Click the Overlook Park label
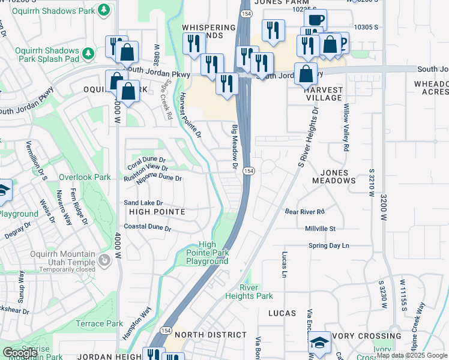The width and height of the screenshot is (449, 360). click(x=85, y=177)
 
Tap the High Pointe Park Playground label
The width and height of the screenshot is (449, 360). click(x=214, y=253)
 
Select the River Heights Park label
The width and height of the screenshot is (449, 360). click(x=249, y=292)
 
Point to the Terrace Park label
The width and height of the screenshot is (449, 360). click(x=99, y=323)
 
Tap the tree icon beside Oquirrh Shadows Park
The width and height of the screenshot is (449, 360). click(x=105, y=10)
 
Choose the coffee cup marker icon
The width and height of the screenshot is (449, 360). click(x=315, y=19)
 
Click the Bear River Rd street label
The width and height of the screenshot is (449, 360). click(x=304, y=211)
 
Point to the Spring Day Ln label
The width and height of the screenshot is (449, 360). click(x=328, y=245)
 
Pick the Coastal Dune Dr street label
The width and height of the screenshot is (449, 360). click(x=148, y=228)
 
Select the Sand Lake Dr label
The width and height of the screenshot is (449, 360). click(x=143, y=203)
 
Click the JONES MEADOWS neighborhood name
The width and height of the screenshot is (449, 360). click(x=334, y=176)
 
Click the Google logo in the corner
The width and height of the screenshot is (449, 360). click(x=20, y=353)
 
